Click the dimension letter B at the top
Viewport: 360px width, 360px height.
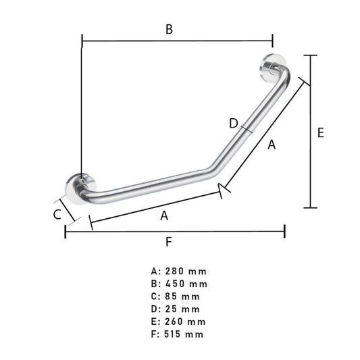pos(170,30)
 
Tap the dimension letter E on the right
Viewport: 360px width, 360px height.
pos(321,132)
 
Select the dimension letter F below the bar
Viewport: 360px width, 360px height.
pos(169,242)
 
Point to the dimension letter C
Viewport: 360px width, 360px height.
pos(57,214)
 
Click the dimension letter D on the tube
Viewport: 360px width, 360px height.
pos(234,124)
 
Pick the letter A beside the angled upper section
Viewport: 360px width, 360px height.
pos(272,145)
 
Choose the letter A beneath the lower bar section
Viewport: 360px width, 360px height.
pos(164,216)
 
